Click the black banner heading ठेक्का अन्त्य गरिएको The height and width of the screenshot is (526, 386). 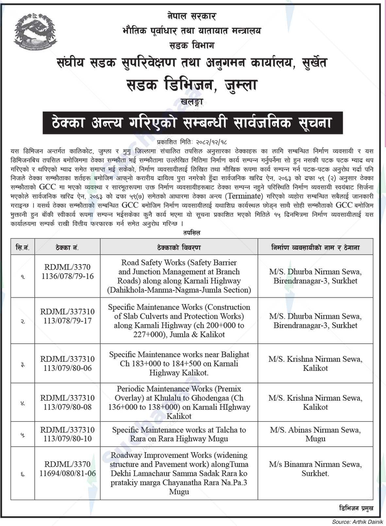193,123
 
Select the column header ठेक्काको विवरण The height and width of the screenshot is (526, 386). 179,247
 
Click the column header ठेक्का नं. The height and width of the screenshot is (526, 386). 67,247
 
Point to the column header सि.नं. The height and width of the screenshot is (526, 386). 23,247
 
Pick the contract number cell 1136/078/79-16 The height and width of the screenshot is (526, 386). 67,276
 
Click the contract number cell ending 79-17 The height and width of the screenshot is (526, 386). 67,321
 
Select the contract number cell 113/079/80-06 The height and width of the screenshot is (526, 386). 67,368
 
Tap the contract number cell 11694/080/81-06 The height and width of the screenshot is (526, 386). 67,473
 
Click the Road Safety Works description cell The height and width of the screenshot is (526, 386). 179,276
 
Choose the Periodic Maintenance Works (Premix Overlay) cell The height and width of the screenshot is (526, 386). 179,402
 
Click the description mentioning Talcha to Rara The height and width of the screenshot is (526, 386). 179,434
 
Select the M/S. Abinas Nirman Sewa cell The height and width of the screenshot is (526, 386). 315,434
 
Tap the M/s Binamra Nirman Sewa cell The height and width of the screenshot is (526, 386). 315,469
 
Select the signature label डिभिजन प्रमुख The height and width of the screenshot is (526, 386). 355,508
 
